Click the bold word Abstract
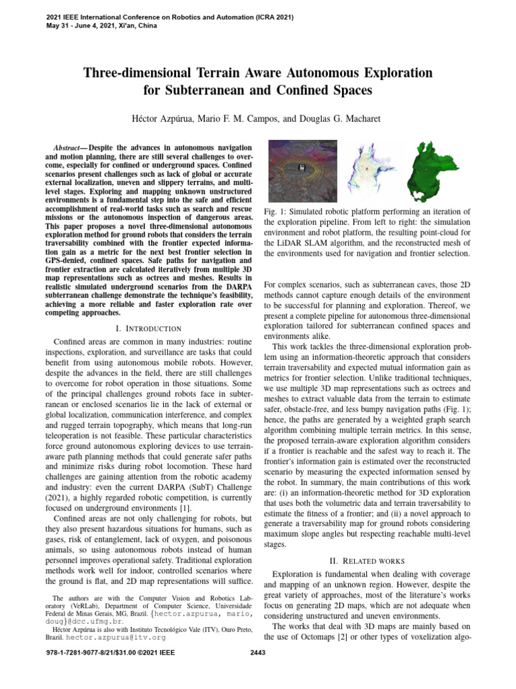69,147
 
